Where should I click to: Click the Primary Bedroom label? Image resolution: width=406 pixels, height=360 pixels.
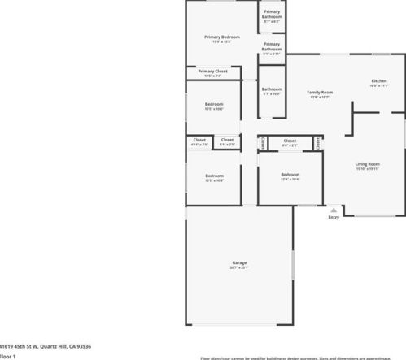click(x=222, y=37)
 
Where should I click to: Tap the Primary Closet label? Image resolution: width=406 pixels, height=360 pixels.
click(x=212, y=72)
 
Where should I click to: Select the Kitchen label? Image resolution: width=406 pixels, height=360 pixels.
click(x=378, y=81)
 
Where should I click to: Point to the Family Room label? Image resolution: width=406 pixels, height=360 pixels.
click(x=320, y=93)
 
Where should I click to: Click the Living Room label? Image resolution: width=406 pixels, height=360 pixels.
click(x=368, y=165)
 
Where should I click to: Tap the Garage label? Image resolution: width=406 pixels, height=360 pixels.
click(x=239, y=262)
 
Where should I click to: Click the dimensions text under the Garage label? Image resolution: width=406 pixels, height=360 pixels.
click(x=239, y=267)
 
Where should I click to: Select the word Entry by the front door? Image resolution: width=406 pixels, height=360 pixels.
click(x=334, y=218)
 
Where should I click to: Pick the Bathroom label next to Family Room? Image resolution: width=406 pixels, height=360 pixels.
click(x=272, y=89)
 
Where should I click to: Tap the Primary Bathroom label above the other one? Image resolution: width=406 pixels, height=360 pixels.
click(x=272, y=14)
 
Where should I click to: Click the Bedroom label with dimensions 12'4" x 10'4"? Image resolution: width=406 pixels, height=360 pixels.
click(x=290, y=175)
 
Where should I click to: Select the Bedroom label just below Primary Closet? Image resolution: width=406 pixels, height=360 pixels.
click(x=214, y=105)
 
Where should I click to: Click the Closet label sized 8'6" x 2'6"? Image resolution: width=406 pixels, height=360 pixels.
click(x=290, y=141)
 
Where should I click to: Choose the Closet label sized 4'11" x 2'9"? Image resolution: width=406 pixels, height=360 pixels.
click(x=199, y=140)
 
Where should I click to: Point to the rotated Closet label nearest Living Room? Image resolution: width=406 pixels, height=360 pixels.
click(x=317, y=143)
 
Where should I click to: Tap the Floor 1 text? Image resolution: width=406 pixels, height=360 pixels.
click(x=8, y=356)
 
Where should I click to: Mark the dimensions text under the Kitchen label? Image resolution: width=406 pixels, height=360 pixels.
click(x=378, y=86)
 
